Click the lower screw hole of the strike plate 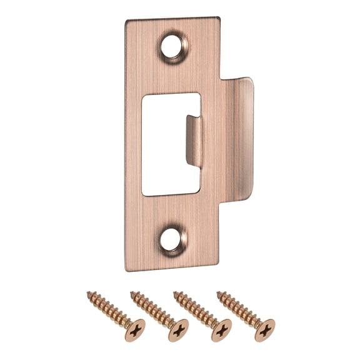(174, 239)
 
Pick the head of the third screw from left (221, 329)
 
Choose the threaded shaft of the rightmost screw (239, 308)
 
